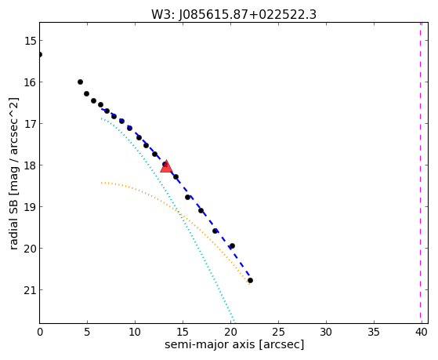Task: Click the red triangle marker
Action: point(166,166)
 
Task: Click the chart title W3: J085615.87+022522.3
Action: point(233,15)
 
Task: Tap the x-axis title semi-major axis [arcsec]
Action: point(234,344)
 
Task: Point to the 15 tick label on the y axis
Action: point(30,41)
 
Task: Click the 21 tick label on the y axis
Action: point(30,290)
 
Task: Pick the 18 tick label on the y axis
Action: point(30,165)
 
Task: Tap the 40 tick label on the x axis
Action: point(422,332)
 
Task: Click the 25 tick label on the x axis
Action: point(278,332)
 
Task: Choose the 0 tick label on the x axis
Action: point(40,332)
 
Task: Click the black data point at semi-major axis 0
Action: point(40,54)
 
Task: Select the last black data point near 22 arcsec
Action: point(250,280)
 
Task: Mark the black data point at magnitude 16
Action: point(80,82)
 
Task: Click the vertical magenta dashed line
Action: point(420,173)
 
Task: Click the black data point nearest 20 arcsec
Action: point(232,245)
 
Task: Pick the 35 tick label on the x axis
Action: point(374,332)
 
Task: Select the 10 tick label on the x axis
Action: point(136,332)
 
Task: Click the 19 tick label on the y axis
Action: point(30,207)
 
